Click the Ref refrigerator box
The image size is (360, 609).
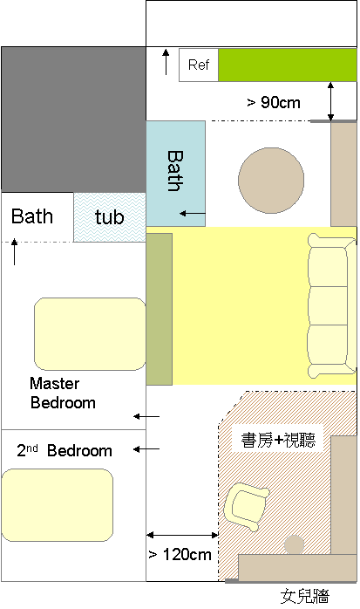tap(199, 65)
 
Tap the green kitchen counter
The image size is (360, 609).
tap(288, 65)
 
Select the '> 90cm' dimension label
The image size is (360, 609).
tap(274, 103)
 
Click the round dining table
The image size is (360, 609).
tap(271, 181)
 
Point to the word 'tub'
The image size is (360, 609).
tap(110, 216)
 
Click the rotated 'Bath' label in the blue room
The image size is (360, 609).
tap(175, 171)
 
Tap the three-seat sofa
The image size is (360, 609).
tap(332, 305)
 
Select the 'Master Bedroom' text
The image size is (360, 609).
tap(63, 393)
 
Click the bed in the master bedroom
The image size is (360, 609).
tap(90, 334)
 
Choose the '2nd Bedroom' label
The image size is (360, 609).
tap(65, 450)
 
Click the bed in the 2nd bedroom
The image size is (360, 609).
tap(58, 505)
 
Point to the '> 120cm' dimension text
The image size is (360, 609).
tap(180, 554)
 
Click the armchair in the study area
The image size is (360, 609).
tap(247, 506)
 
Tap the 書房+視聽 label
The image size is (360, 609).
tap(278, 440)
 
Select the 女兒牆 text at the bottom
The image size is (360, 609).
tap(305, 596)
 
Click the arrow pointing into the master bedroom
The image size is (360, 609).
tap(146, 416)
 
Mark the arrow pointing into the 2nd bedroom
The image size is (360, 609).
tap(146, 449)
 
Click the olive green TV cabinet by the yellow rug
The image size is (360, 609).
tap(159, 309)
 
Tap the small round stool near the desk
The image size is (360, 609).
tap(294, 544)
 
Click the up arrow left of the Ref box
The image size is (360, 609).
tap(166, 62)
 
